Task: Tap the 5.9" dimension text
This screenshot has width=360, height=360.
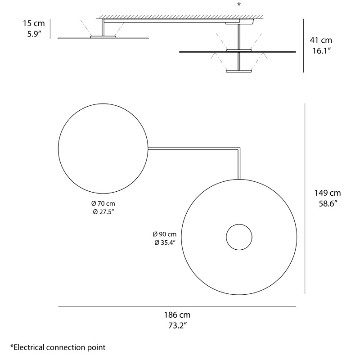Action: [34, 34]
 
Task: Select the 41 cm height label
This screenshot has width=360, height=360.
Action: [321, 40]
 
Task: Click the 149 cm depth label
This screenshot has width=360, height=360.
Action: [327, 193]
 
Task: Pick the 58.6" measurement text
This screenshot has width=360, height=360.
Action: [327, 203]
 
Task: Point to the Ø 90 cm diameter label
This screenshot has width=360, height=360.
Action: [164, 234]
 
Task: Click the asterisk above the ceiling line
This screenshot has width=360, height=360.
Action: [239, 5]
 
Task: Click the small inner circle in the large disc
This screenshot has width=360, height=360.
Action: [239, 237]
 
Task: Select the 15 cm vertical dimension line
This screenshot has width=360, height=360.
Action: [51, 29]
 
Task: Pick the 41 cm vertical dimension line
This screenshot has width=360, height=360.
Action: [304, 45]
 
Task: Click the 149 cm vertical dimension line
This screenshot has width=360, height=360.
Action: [305, 198]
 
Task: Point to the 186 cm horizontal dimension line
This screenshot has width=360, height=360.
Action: [177, 306]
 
